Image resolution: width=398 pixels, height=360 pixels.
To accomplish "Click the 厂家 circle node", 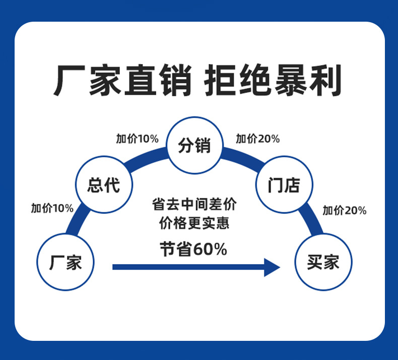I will coord(65,262).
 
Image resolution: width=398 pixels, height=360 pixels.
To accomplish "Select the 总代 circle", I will coord(103,184).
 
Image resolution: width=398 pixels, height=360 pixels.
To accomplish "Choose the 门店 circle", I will coord(285,184).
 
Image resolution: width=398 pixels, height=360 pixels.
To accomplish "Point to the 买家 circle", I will coord(323,262).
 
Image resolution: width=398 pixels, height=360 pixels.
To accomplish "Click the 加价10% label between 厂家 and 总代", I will coord(52,208).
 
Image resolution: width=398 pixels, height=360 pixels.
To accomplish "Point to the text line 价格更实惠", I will coord(194,223).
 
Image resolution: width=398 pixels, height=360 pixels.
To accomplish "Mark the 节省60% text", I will coord(193,249).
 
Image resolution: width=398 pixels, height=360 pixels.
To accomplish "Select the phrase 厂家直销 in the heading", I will coord(123,81).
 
